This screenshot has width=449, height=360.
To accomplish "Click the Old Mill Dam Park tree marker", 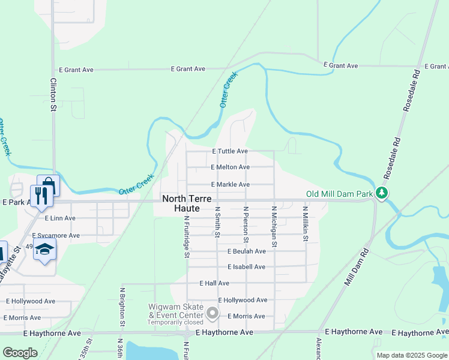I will [381, 193].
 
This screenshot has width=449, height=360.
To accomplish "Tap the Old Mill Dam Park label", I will [340, 193].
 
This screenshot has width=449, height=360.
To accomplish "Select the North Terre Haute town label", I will [184, 203].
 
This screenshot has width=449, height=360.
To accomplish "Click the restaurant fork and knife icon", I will [41, 196].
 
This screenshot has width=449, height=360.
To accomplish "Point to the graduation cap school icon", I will [44, 248].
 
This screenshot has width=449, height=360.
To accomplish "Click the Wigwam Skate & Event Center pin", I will [212, 313].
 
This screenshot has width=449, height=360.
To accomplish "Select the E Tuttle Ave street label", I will [229, 151].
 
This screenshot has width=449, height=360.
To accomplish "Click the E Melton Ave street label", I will [231, 167].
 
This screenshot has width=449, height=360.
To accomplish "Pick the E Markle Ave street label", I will [231, 184].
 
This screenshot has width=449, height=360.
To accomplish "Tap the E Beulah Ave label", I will [246, 251].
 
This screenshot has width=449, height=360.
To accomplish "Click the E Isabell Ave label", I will [246, 267].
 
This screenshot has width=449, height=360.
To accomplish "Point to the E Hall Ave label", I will [214, 283].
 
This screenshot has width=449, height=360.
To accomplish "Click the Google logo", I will [20, 353].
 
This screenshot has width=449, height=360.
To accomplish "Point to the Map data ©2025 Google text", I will [411, 355].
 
